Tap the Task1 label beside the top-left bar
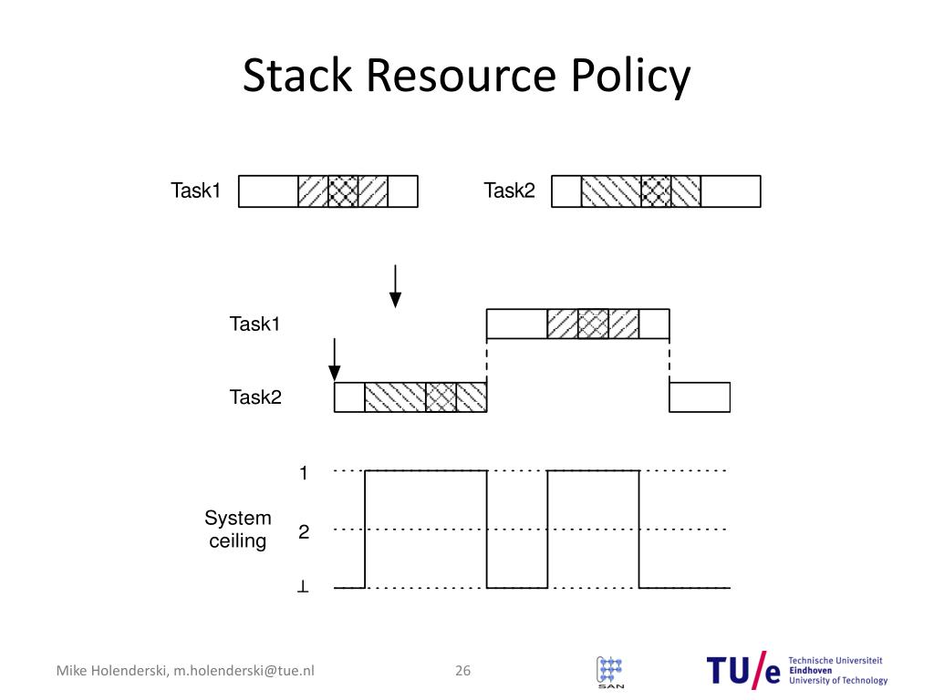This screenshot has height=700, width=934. (196, 191)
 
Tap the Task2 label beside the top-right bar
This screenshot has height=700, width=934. (509, 191)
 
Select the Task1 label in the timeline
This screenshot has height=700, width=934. (254, 324)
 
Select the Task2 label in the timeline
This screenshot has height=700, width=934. (254, 397)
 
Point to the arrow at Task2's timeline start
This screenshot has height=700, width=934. (335, 358)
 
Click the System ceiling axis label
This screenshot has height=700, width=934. (238, 530)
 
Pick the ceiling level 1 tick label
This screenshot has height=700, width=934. (303, 473)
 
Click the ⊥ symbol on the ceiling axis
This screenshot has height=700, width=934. (303, 588)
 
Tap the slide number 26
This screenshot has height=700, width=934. (462, 672)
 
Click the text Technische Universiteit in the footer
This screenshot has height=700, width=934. (836, 661)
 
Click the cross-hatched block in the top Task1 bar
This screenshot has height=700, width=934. (343, 191)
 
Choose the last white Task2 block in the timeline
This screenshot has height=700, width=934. (700, 397)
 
